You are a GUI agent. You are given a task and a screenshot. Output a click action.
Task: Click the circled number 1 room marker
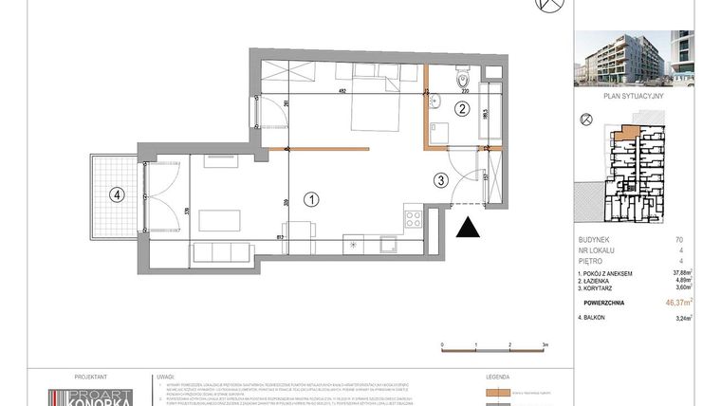[x=309, y=199]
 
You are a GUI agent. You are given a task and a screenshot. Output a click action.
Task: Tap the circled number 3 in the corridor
[x=440, y=179]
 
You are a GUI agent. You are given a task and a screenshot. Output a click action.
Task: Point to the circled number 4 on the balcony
[x=116, y=195]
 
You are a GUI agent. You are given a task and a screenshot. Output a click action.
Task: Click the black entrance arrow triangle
[x=467, y=228]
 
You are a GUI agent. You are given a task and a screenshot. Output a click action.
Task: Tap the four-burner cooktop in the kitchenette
[x=414, y=218]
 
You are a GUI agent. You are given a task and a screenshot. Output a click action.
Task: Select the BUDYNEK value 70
[x=678, y=240]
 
